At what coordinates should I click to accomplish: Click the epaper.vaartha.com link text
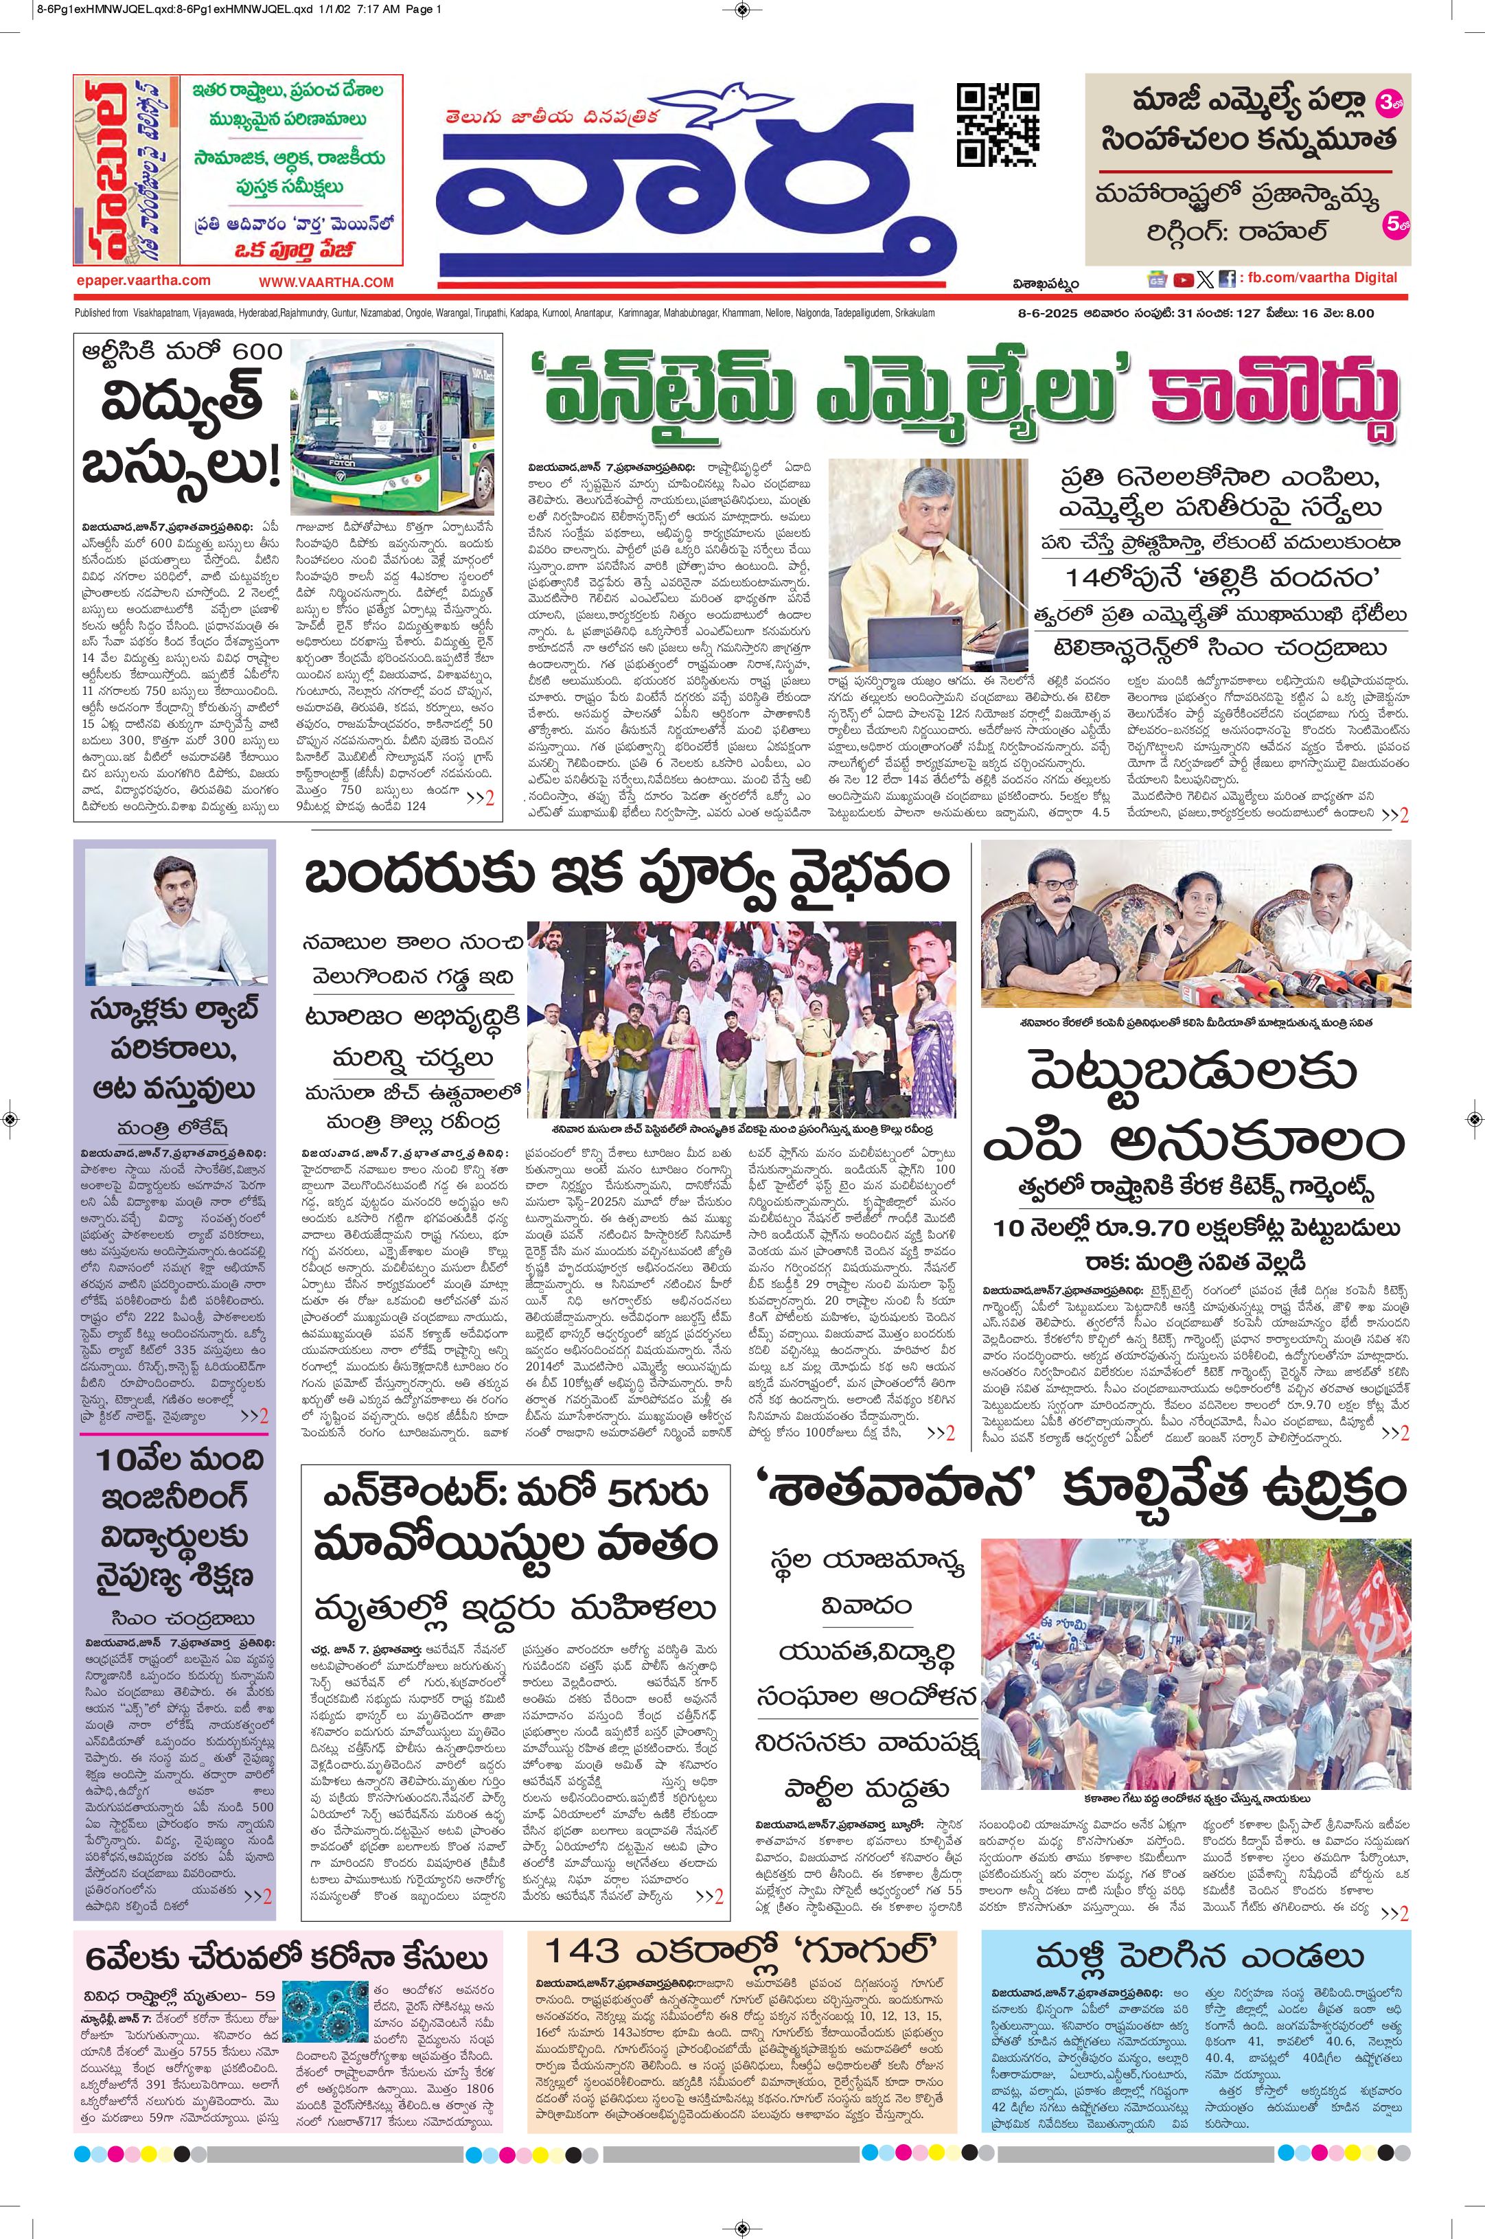[144, 280]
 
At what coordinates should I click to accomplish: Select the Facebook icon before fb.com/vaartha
[1226, 279]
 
